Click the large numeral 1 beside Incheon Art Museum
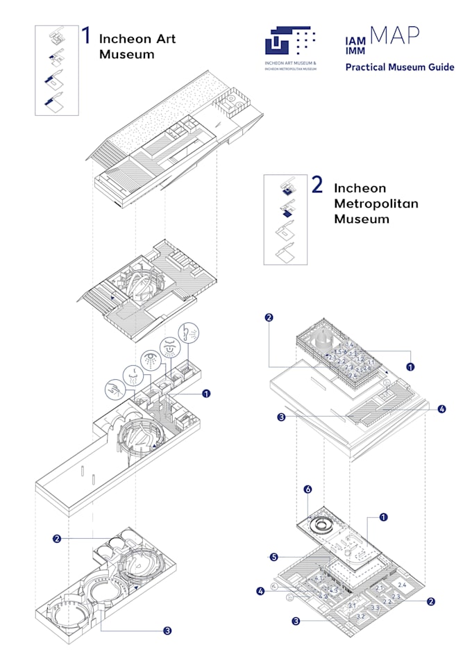tap(86, 37)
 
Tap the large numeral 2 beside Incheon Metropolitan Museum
tap(317, 185)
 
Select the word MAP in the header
tap(394, 36)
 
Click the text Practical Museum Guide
tap(400, 67)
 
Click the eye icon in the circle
tap(149, 359)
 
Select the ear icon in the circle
tap(187, 332)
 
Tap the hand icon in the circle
tap(114, 390)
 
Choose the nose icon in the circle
tap(132, 375)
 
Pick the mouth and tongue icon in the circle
tap(169, 345)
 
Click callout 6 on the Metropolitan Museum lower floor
tap(307, 489)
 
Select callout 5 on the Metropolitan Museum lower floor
tap(273, 557)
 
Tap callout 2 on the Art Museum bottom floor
tap(57, 538)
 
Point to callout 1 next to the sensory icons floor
tap(205, 394)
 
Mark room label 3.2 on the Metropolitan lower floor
tap(360, 616)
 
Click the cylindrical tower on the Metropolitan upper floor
tap(321, 339)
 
